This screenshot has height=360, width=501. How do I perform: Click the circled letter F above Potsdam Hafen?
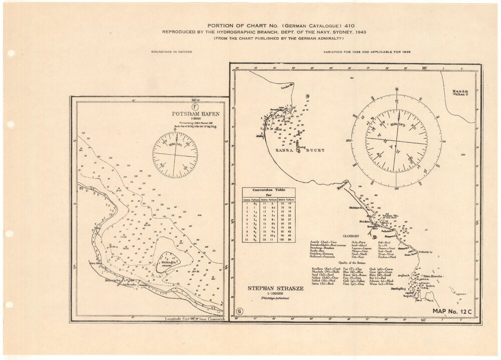tap(194, 107)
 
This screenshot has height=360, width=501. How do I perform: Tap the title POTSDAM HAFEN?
tap(195, 114)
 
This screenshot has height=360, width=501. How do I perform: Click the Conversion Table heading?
tap(269, 190)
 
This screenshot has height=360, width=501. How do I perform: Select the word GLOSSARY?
tap(352, 235)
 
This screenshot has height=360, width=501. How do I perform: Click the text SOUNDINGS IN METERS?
tap(171, 52)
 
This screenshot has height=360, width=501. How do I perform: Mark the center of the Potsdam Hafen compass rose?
tap(175, 155)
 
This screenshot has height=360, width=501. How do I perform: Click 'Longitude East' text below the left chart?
tap(180, 318)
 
